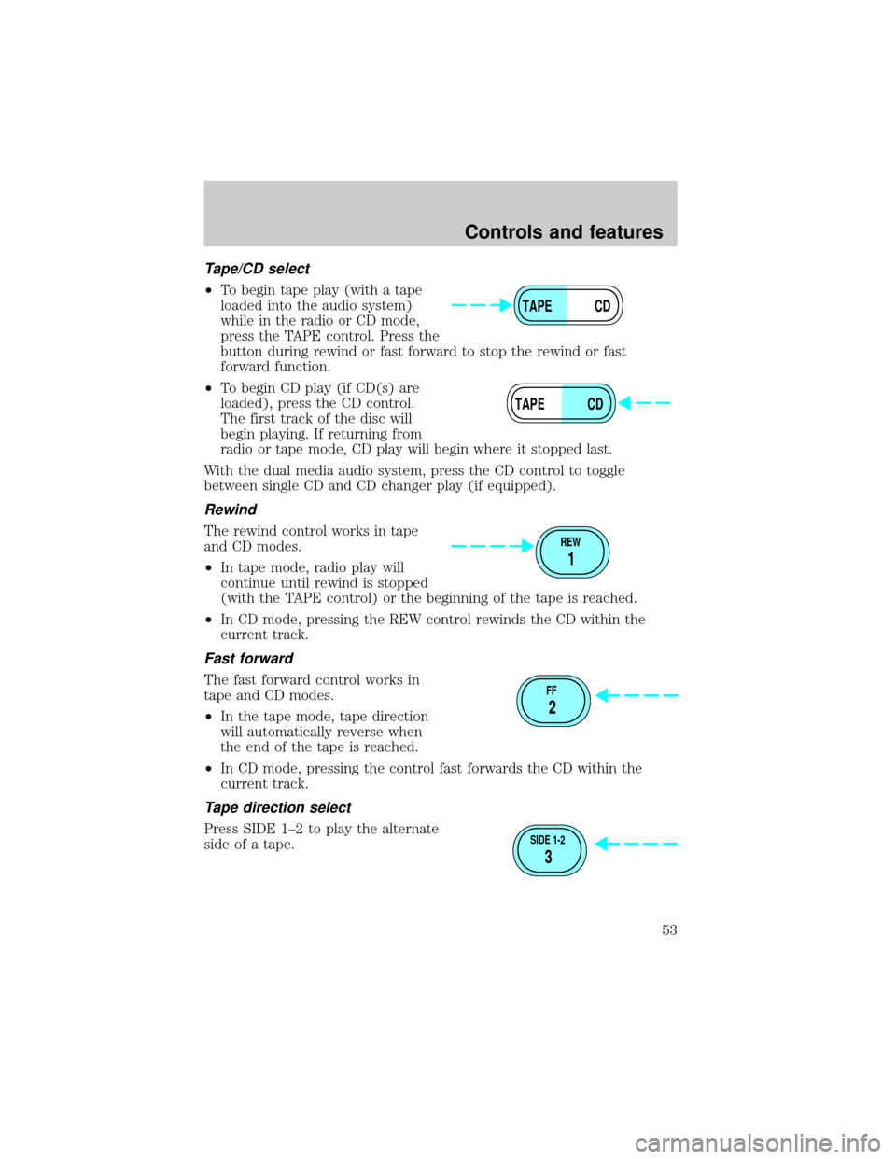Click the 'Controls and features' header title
click(564, 232)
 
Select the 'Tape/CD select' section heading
click(257, 269)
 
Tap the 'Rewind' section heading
click(231, 510)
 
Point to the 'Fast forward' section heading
click(248, 659)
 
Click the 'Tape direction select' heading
click(277, 807)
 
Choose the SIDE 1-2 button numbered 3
click(550, 850)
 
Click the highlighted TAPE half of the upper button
click(539, 306)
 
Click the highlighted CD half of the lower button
click(589, 404)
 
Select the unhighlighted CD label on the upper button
click(602, 306)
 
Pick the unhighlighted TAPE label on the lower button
click(529, 404)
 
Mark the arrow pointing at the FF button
click(637, 695)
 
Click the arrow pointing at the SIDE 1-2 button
click(637, 844)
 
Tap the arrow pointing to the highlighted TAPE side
click(481, 305)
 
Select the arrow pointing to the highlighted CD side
click(644, 403)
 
